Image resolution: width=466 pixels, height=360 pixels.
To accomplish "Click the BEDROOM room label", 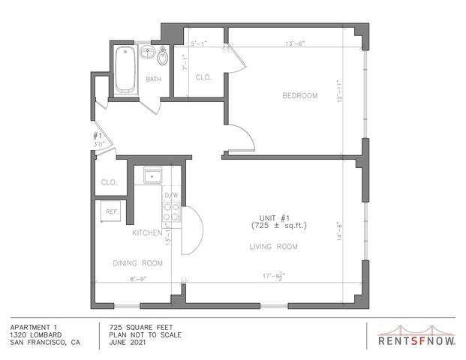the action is tap(300, 96).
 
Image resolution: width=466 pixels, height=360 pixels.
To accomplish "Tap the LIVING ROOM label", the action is tap(273, 247).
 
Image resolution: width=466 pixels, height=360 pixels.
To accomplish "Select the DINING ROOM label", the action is tap(138, 263).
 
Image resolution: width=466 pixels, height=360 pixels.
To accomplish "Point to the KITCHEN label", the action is tap(147, 232).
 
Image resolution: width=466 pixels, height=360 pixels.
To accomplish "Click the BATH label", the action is tap(154, 79).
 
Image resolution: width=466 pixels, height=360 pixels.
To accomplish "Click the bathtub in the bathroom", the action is tap(125, 70).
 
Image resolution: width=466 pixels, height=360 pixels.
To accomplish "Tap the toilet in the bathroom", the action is tap(162, 56).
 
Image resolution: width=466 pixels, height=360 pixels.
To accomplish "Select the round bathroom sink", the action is tap(147, 52).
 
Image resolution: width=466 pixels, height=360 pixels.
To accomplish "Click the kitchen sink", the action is tap(153, 175).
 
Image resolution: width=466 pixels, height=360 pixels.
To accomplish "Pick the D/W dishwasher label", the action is tap(172, 195).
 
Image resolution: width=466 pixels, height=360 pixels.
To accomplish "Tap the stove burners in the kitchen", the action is tap(172, 212).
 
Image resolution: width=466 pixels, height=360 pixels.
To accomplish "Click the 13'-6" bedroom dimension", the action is tap(296, 43).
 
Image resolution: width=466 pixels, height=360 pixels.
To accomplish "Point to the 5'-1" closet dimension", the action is tap(199, 43).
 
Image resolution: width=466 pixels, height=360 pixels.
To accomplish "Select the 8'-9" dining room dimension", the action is tap(139, 279).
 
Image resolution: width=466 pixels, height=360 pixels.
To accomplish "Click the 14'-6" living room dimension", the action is tap(339, 231).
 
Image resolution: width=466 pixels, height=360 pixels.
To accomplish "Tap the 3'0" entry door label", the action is tap(100, 144).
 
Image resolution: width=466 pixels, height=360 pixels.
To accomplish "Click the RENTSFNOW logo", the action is tap(416, 337).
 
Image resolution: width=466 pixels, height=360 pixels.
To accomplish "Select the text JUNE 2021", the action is tap(128, 343).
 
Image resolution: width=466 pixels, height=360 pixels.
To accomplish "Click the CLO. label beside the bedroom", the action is tap(203, 77).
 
